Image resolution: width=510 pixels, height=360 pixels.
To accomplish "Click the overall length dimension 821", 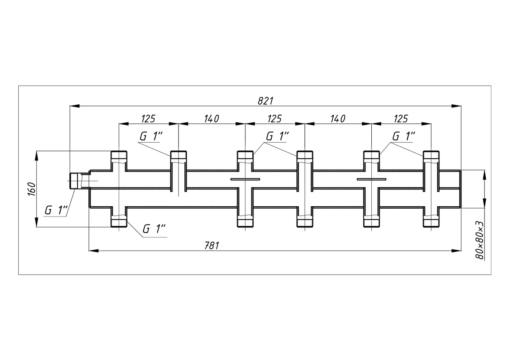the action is coord(265,101).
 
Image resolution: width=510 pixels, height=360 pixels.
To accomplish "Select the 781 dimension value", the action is coord(212,246).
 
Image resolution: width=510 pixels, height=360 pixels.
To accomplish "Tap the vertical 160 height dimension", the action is coord(31,189).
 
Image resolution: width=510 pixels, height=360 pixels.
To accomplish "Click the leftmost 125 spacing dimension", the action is coord(148,119).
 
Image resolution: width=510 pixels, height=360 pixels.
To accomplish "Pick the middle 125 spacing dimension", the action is coord(275,119).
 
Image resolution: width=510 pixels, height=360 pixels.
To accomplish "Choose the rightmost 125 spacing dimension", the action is coord(401,119).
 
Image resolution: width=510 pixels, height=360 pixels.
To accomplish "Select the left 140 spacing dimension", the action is coord(212,119).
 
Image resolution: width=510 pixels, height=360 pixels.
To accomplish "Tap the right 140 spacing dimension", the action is coord(338,119).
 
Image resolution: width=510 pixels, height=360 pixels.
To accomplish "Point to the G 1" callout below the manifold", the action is coord(154,229).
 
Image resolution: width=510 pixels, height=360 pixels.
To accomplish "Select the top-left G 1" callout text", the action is coord(151,136).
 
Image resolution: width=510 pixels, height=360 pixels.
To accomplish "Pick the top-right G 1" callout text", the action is coord(404,136).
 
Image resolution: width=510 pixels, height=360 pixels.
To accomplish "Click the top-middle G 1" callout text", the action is coord(277,136).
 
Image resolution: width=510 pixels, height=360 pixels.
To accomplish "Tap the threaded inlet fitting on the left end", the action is coord(79,181).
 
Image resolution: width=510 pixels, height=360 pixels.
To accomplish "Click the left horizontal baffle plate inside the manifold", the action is coord(245,179).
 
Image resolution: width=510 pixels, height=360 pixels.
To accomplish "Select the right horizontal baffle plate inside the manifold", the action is coord(372,179).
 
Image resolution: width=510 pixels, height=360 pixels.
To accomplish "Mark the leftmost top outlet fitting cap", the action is coord(119,155).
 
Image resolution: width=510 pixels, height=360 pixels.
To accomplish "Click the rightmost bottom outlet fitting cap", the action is coord(431,223).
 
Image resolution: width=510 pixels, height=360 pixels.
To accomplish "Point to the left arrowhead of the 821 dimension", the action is coord(75,106).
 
